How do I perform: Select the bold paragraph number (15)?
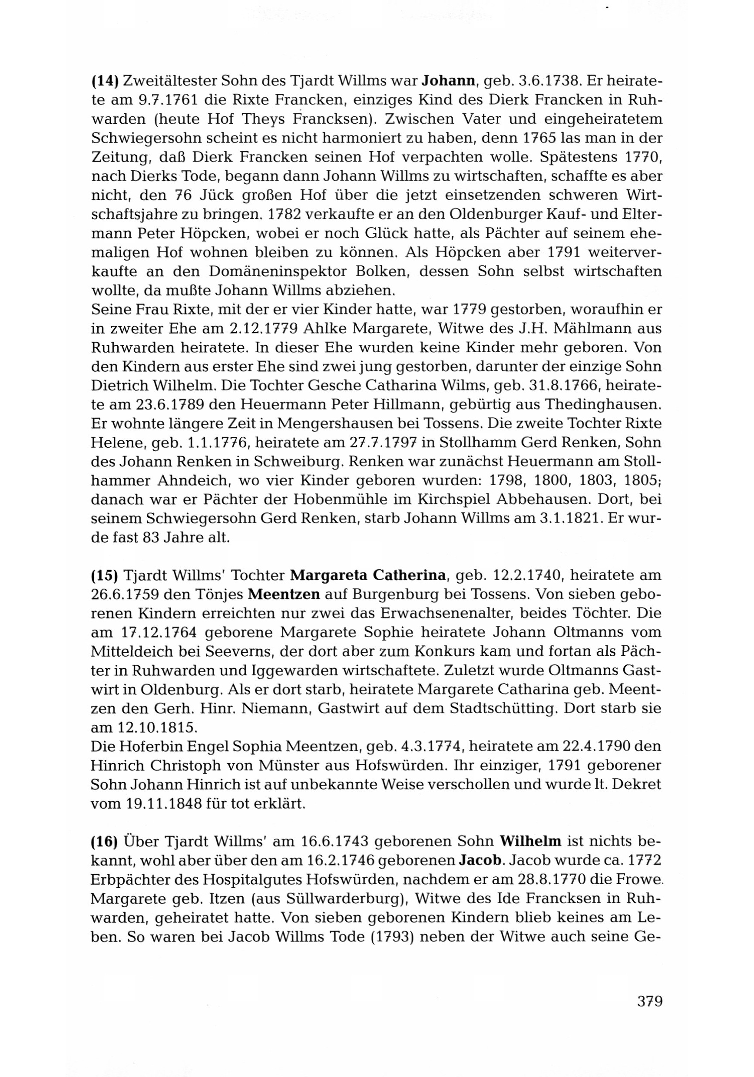click(104, 575)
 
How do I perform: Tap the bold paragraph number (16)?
click(104, 841)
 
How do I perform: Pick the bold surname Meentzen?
click(284, 595)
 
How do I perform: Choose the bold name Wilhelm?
click(531, 841)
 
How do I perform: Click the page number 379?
click(649, 1014)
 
